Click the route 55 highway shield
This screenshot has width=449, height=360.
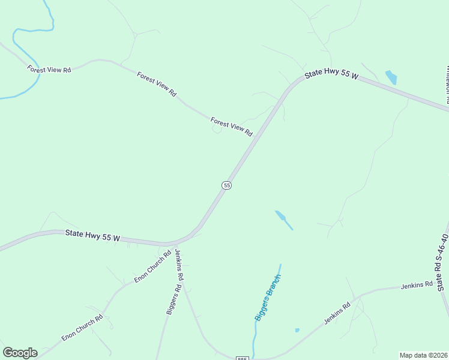click(x=226, y=185)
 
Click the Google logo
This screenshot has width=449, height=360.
click(x=20, y=353)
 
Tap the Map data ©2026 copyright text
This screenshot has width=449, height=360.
click(x=423, y=355)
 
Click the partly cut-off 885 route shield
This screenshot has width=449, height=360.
click(x=242, y=358)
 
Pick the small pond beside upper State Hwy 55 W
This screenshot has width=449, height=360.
click(x=391, y=77)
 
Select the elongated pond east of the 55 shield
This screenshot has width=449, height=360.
click(x=283, y=219)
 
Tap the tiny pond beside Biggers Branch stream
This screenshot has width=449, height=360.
click(x=297, y=330)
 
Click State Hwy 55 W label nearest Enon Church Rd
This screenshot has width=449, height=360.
click(x=92, y=236)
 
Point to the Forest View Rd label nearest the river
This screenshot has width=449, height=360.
click(x=49, y=70)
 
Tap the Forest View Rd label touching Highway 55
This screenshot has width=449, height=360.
click(x=232, y=127)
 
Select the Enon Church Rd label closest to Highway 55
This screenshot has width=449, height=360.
click(x=148, y=269)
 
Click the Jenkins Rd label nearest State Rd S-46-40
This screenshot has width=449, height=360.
click(x=417, y=284)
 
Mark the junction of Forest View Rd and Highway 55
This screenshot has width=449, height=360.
click(x=255, y=137)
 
